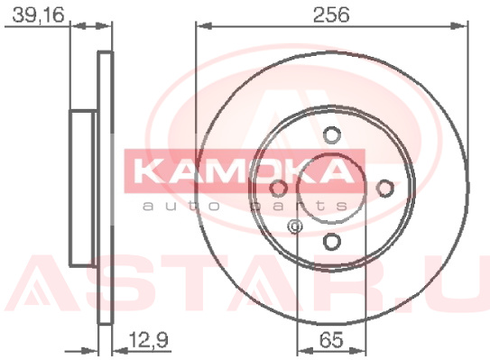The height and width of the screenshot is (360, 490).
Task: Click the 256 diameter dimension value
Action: click(x=331, y=14)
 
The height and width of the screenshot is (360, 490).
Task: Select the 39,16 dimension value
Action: click(x=39, y=15)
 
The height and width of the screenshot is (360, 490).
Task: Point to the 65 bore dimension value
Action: click(x=331, y=339)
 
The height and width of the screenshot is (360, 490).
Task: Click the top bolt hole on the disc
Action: click(x=331, y=135)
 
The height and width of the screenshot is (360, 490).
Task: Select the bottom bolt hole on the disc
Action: click(x=331, y=242)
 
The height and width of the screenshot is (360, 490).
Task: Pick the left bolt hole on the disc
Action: click(x=279, y=189)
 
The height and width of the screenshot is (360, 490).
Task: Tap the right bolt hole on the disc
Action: click(x=384, y=189)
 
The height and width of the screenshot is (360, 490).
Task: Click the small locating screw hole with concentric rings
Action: click(x=295, y=226)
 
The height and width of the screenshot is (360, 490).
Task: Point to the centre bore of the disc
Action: click(x=331, y=189)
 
